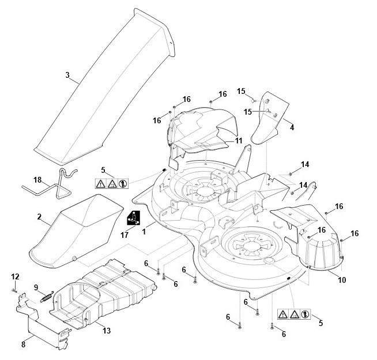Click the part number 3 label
(67, 75)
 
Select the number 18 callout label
(37, 180)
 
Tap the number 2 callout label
(39, 217)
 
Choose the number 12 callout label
(15, 278)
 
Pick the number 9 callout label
(36, 287)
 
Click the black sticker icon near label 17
(133, 219)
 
